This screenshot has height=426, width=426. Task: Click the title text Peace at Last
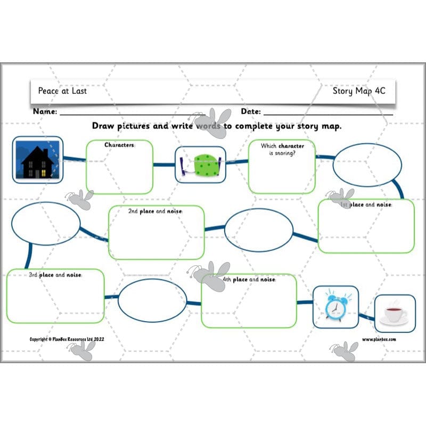tap(62, 91)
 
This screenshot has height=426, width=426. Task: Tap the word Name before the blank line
tap(45, 112)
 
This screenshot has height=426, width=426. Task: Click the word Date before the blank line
tap(250, 112)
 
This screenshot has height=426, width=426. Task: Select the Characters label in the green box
tap(119, 145)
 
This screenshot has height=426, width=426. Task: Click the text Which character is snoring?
tap(282, 149)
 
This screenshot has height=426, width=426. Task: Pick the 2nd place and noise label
tap(155, 211)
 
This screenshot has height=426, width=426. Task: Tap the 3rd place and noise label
tap(55, 275)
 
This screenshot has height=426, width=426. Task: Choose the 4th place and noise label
tap(249, 280)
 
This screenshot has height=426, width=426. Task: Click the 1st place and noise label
tap(366, 205)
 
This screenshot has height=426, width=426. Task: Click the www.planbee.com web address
tap(379, 339)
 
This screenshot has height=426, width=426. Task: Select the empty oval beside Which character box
tap(367, 165)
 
